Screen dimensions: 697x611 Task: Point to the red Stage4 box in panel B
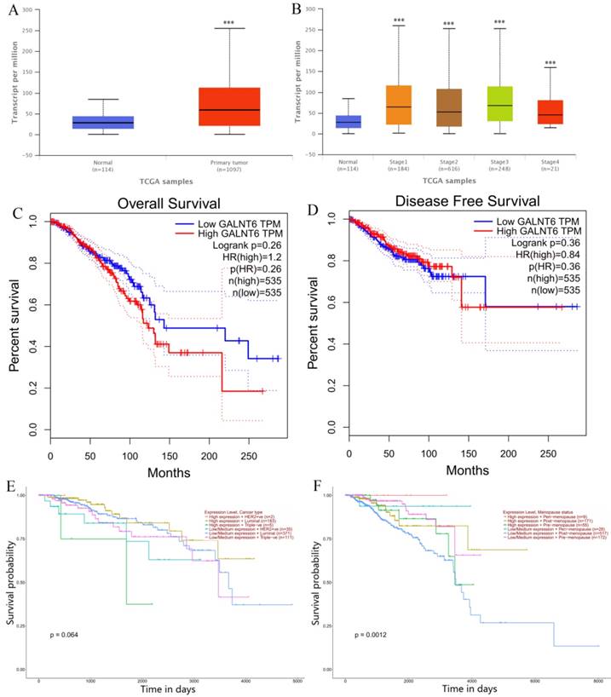pos(550,112)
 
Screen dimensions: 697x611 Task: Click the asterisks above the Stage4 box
pos(550,63)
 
